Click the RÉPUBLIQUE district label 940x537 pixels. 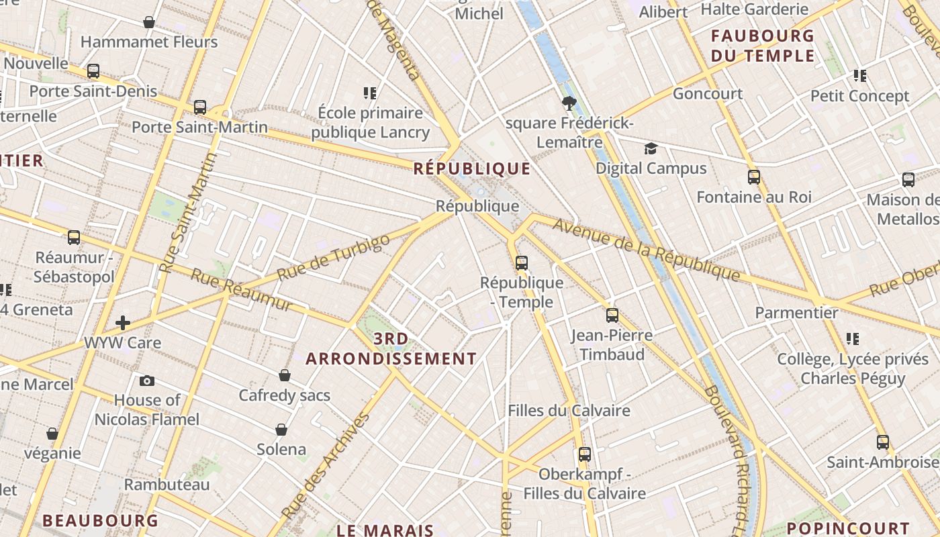tap(471, 168)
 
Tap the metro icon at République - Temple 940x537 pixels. tap(522, 263)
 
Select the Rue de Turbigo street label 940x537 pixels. tap(333, 257)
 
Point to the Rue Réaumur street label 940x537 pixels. tap(242, 290)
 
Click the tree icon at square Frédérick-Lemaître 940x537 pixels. tap(569, 103)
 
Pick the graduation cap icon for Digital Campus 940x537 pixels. tap(651, 148)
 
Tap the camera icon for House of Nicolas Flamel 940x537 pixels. tap(147, 381)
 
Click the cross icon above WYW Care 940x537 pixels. tap(123, 323)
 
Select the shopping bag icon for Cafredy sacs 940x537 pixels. tap(285, 375)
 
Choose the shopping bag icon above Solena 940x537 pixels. tap(281, 429)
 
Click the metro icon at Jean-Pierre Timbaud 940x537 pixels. tap(612, 315)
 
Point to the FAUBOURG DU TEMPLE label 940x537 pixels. tap(762, 46)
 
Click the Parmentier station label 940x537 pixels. tap(796, 313)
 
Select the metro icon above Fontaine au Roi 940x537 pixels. tap(754, 177)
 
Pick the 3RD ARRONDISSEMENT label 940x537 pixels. tap(391, 348)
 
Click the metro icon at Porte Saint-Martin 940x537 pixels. tap(199, 107)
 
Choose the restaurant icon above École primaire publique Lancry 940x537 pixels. tap(370, 93)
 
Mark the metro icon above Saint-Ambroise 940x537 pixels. tap(882, 442)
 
